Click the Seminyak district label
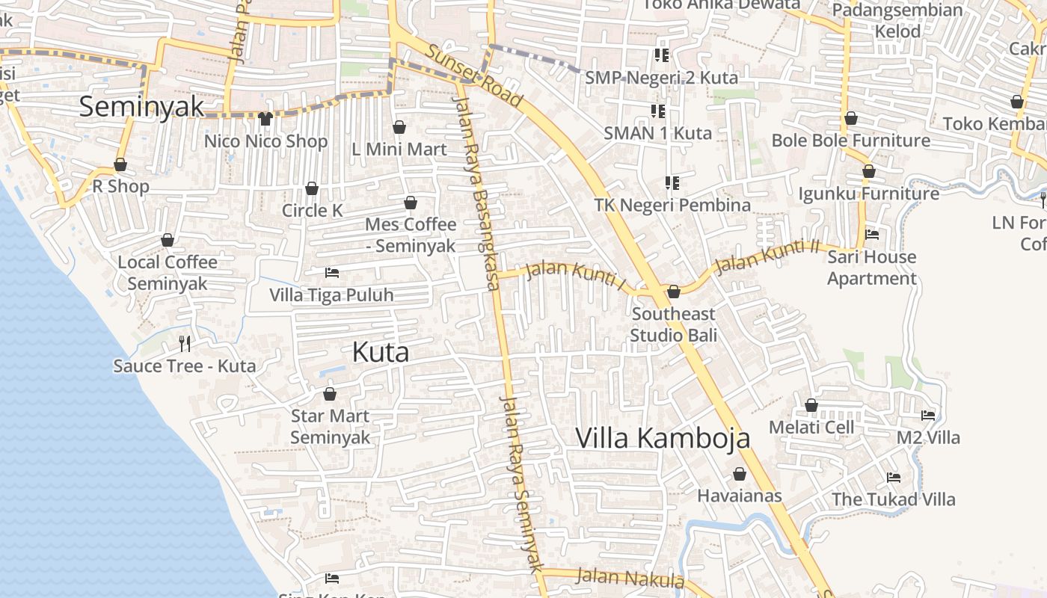(x=141, y=106)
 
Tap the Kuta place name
(x=381, y=352)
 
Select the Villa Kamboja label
(x=662, y=437)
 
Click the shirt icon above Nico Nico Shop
(x=265, y=118)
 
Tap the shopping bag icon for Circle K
(x=312, y=188)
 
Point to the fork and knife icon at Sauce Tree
(x=185, y=343)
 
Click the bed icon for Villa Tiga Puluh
(x=332, y=273)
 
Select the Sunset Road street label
(x=474, y=75)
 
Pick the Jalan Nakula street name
(x=630, y=578)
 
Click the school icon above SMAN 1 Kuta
(x=658, y=111)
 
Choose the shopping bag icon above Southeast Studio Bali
(x=673, y=292)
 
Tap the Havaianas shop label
(x=739, y=496)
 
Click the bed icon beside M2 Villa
(x=928, y=415)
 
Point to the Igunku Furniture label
(x=868, y=194)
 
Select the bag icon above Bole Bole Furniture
(x=850, y=118)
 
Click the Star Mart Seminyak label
(x=330, y=426)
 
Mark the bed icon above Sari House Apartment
(x=871, y=235)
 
